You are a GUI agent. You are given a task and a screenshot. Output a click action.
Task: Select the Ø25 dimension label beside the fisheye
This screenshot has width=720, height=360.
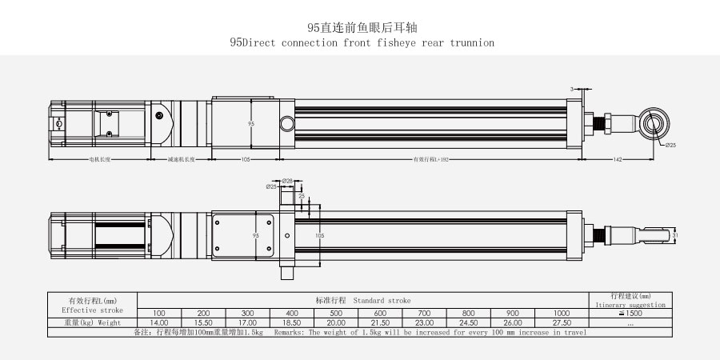coord(670,145)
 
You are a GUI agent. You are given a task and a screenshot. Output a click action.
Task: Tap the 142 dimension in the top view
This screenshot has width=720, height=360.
coord(618,160)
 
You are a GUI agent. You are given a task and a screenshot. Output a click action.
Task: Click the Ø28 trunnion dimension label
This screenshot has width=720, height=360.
coord(287,181)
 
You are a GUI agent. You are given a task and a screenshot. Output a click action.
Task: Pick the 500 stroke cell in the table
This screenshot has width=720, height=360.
coord(337,312)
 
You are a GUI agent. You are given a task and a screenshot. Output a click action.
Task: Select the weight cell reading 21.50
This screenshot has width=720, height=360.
coord(381,322)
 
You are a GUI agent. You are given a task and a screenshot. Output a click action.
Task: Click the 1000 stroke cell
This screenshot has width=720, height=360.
coord(562,312)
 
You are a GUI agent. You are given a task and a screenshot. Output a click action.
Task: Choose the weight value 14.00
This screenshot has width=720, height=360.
coord(159,322)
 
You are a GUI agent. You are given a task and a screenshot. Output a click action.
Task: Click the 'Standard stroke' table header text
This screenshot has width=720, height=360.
coord(382,300)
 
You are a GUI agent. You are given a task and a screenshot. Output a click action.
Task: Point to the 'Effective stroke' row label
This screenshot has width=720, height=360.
coord(92,308)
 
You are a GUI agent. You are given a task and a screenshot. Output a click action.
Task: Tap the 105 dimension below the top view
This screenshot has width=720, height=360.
coord(246,160)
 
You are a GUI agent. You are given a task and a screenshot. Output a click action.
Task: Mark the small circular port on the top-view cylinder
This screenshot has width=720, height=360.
coord(286,123)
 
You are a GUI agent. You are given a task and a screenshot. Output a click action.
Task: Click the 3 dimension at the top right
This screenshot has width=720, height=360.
coord(572,87)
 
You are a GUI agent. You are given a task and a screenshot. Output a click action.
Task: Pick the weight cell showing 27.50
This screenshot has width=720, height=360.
coord(562,322)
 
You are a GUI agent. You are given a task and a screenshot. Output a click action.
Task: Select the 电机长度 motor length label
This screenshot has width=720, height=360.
coord(100,160)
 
